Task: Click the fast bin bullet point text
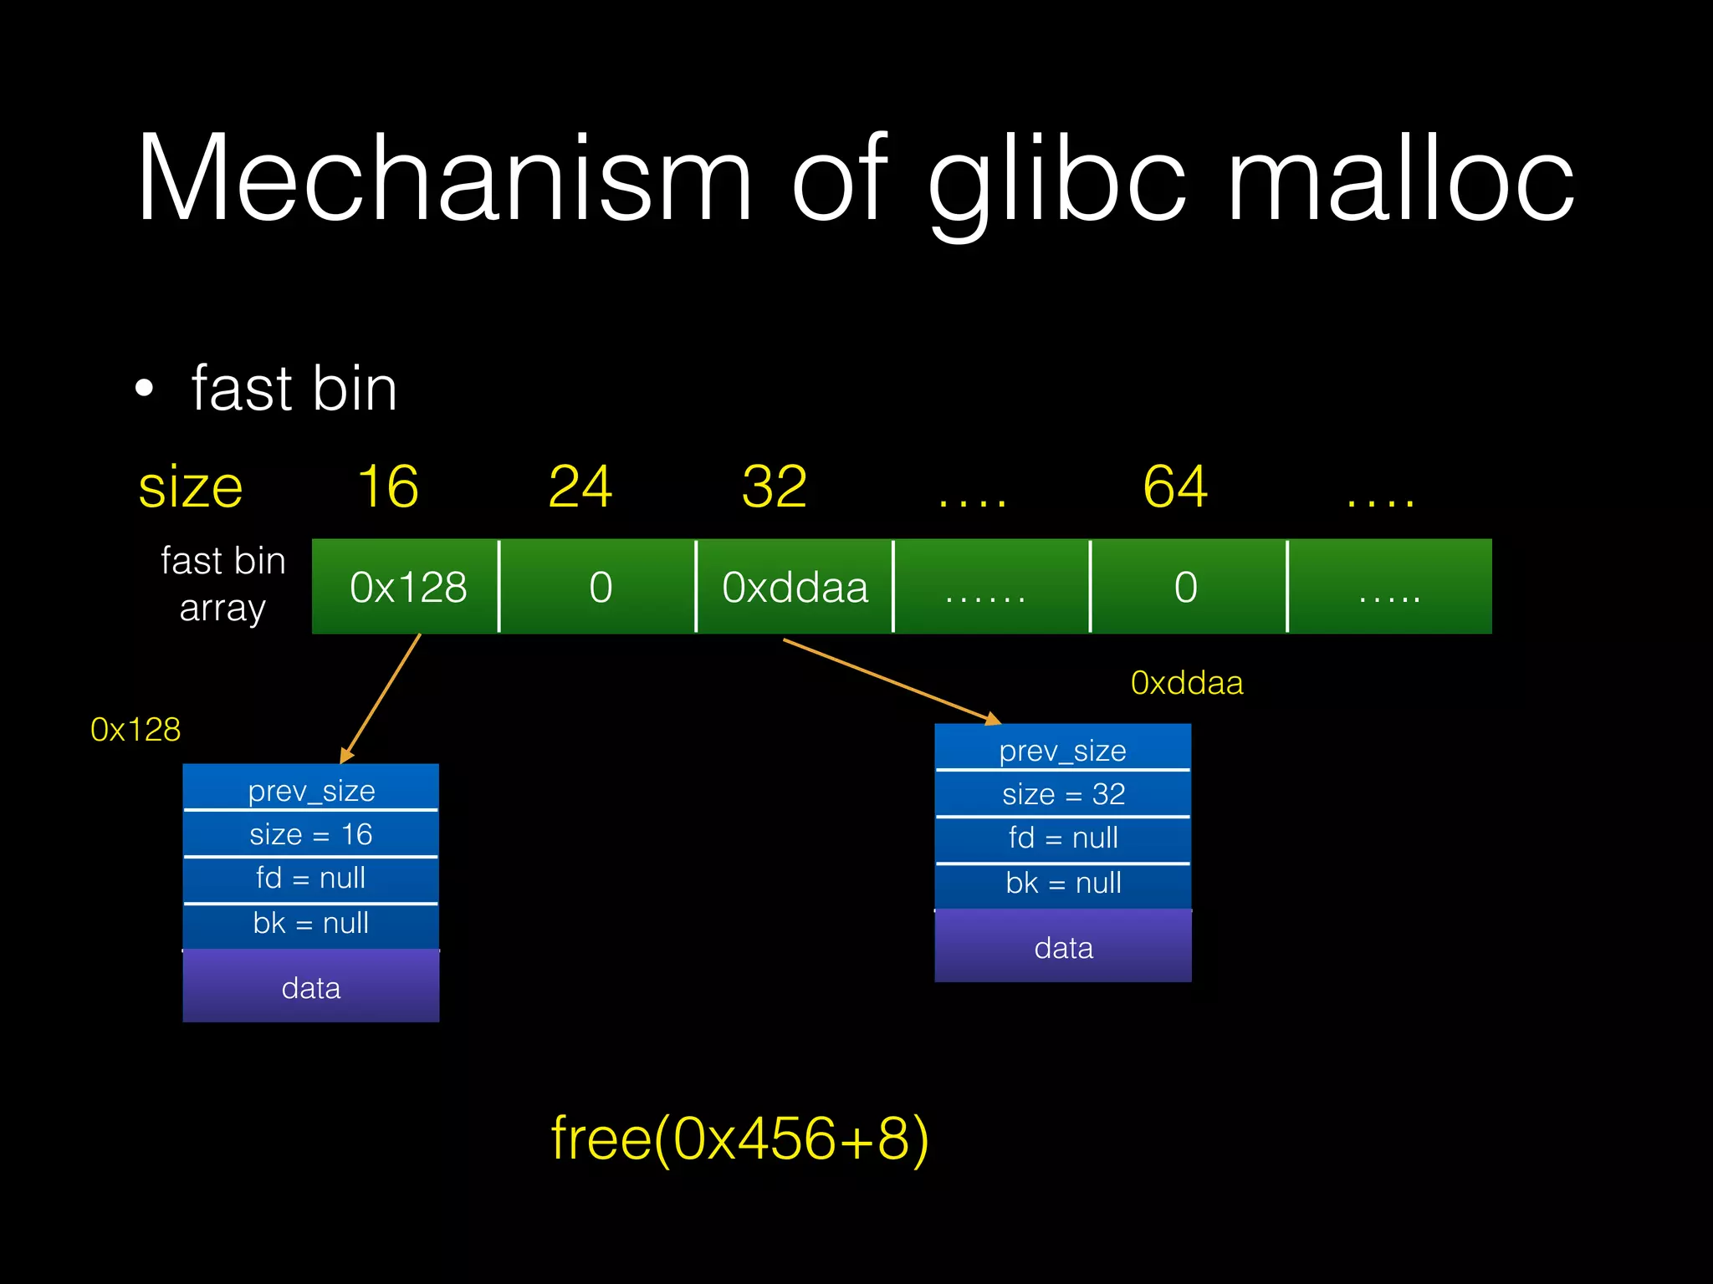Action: [x=294, y=389]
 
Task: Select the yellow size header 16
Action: [x=388, y=487]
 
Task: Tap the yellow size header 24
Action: [x=580, y=487]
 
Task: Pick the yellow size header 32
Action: [x=775, y=487]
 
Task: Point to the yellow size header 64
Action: [x=1175, y=487]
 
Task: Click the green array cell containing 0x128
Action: [x=407, y=587]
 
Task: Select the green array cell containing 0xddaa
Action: [x=795, y=587]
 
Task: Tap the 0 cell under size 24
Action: [x=600, y=587]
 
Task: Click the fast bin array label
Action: [x=222, y=583]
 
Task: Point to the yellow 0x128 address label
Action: [x=136, y=730]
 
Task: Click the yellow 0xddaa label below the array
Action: [x=1186, y=683]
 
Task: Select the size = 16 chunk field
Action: [x=311, y=834]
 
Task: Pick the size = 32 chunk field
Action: [x=1063, y=794]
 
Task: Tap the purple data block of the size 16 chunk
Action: [x=311, y=987]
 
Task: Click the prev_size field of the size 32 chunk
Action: [x=1063, y=750]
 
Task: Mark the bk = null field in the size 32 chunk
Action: [x=1063, y=884]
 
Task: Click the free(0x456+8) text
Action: [x=739, y=1139]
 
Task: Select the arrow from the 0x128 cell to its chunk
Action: [x=381, y=697]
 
